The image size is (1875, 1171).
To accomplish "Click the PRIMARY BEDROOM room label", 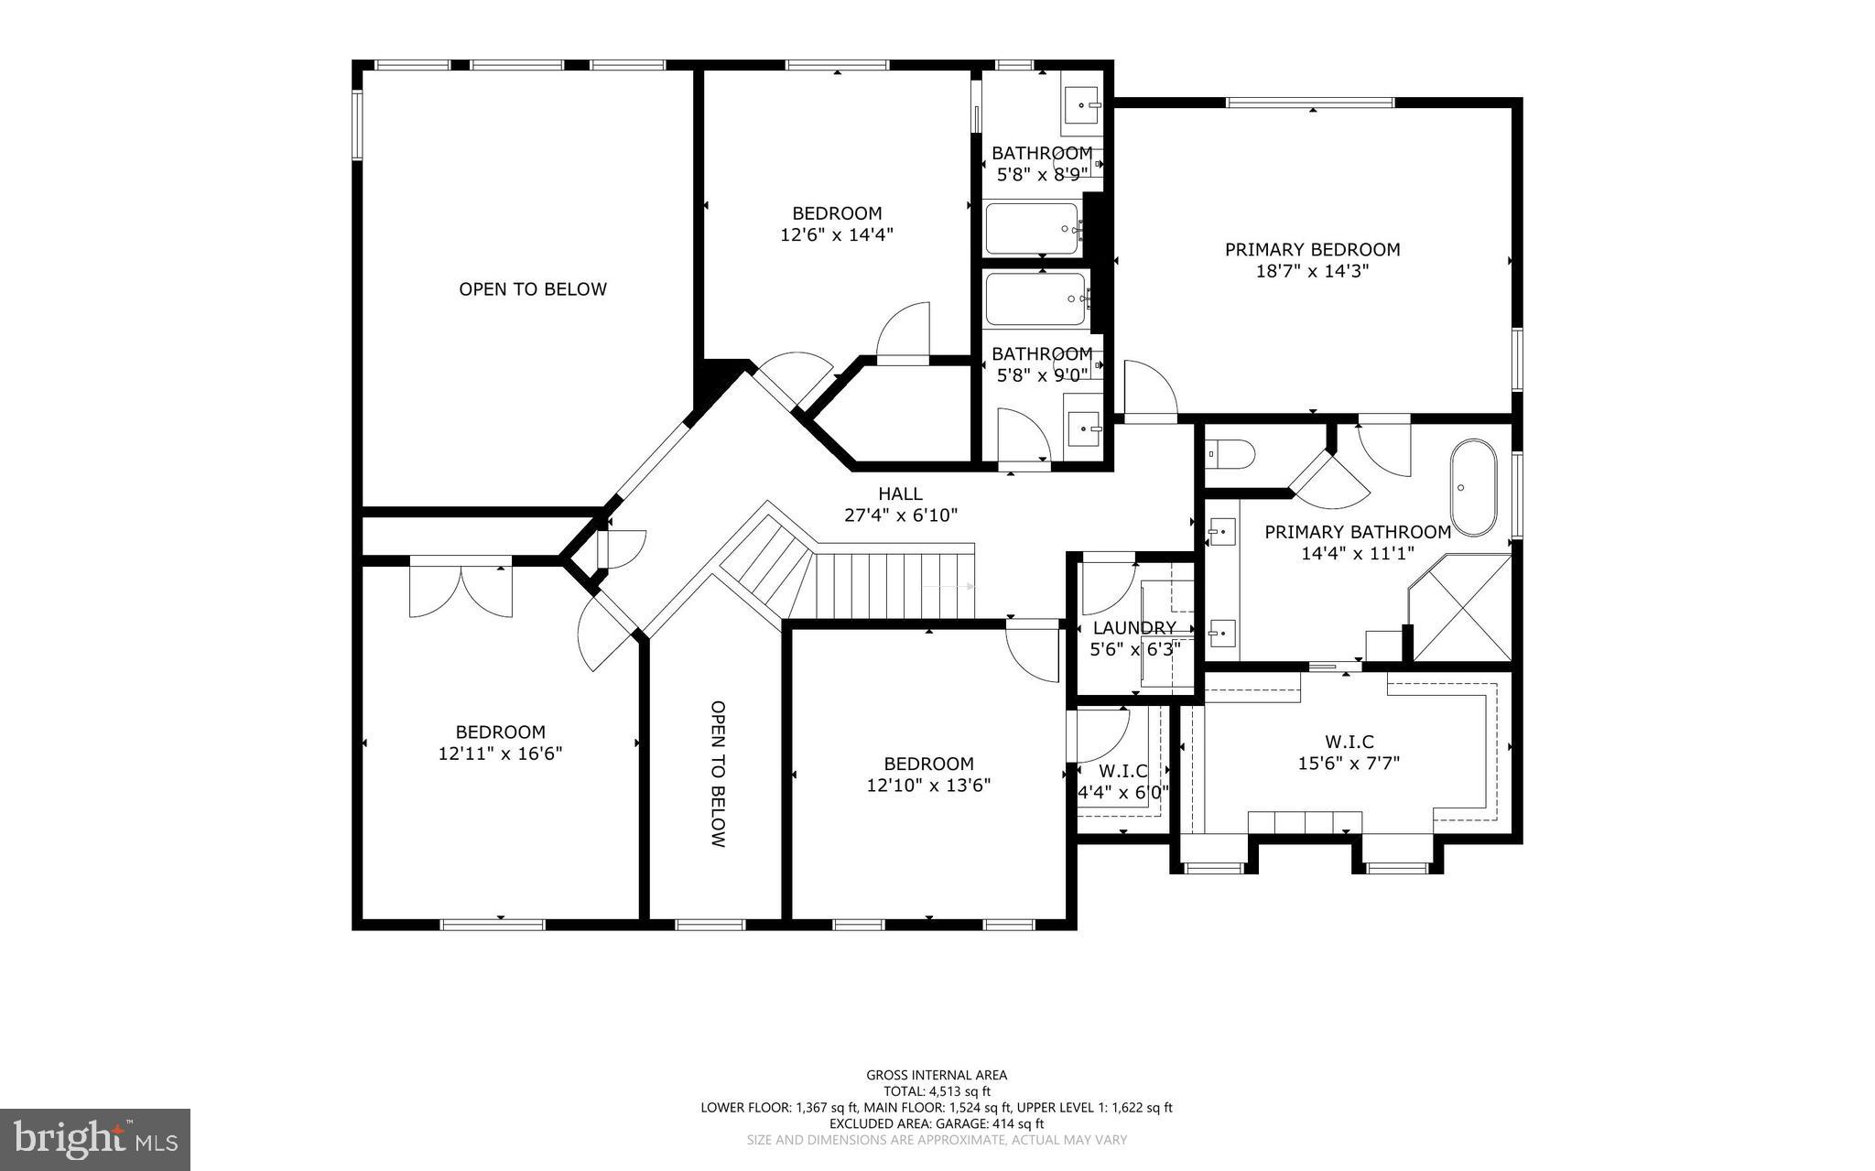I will click(1312, 249).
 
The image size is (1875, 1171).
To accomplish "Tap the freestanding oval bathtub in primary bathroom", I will click(1472, 488).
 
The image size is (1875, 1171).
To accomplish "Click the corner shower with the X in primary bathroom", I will click(1463, 608).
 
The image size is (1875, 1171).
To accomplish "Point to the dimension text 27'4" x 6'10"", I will click(901, 515).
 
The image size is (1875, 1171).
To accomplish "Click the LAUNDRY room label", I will click(1133, 628).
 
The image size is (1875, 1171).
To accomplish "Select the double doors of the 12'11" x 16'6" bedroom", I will click(461, 589).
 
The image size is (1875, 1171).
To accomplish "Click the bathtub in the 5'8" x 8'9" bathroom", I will click(1032, 229).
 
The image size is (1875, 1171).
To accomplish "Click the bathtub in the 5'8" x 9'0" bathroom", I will click(1035, 299).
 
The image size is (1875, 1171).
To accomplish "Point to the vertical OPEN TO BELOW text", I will click(718, 774).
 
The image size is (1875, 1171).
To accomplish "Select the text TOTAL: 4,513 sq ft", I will click(936, 1091).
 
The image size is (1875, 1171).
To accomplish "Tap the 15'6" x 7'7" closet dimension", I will click(1349, 763).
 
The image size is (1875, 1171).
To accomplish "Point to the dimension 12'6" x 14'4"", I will click(836, 234).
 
